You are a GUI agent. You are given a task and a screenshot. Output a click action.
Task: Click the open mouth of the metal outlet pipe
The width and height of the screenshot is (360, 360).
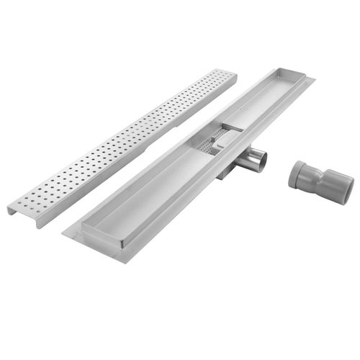coord(258,160)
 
